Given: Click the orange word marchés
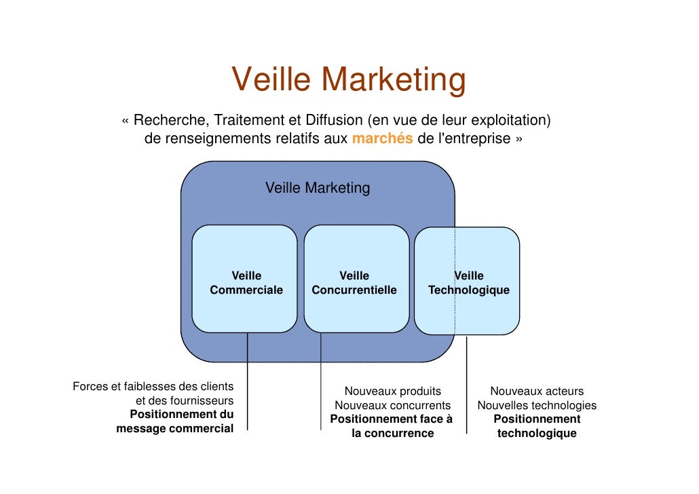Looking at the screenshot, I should [x=382, y=139].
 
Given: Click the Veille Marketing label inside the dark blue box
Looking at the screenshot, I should [x=318, y=188].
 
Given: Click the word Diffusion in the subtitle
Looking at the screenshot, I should [x=333, y=121].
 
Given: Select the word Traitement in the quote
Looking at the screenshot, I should [x=248, y=121].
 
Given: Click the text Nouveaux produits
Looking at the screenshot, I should [x=392, y=391].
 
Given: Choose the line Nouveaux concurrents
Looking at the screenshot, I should [x=392, y=405].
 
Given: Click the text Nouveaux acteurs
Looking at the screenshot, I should [x=537, y=391].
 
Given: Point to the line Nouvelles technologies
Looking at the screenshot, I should [x=537, y=405].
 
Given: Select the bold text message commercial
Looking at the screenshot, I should [x=175, y=428].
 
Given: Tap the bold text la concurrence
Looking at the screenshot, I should [x=392, y=433].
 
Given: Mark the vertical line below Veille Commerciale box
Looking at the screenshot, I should [x=248, y=380].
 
